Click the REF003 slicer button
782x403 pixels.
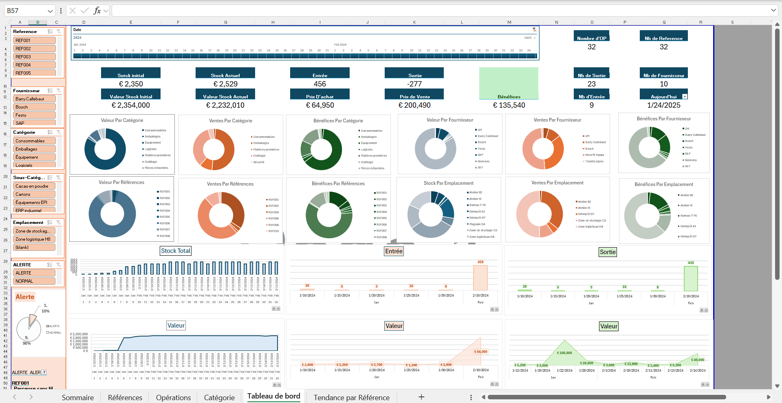click(x=35, y=57)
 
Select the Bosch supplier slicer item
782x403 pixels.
click(x=35, y=107)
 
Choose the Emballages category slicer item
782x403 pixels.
click(x=35, y=149)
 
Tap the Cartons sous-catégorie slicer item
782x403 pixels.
click(x=35, y=194)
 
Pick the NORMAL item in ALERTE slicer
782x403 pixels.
click(x=35, y=281)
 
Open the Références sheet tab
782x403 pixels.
click(x=125, y=397)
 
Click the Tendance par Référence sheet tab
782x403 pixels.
click(x=351, y=397)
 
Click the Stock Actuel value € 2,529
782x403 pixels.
click(x=225, y=84)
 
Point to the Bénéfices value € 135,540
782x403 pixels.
click(x=509, y=105)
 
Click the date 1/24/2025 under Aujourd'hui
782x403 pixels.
click(x=663, y=105)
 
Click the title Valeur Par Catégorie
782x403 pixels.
click(x=122, y=120)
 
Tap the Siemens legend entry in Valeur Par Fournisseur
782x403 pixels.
click(x=483, y=161)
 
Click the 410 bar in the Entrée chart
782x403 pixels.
click(x=480, y=277)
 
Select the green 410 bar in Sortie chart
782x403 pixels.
click(x=691, y=278)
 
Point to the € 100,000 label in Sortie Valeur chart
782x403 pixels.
click(x=564, y=353)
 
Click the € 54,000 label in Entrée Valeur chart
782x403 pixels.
click(x=480, y=352)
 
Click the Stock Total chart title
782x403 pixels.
click(x=176, y=251)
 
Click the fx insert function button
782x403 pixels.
click(x=97, y=11)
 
